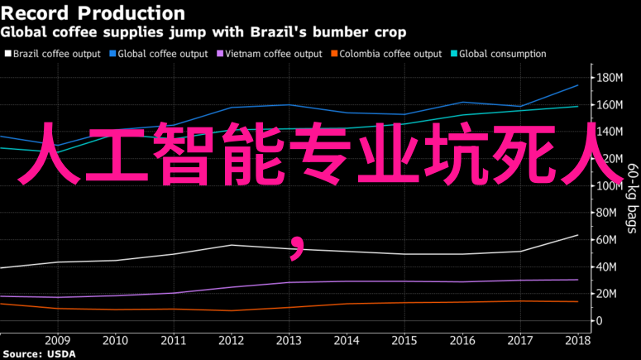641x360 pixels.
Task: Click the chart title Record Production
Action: point(93,13)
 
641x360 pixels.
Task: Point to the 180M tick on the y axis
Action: point(609,78)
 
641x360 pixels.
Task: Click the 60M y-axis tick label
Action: point(608,240)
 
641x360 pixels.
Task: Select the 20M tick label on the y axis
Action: point(608,294)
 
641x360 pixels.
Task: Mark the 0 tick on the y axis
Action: point(598,321)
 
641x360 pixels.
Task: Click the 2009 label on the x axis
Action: point(57,340)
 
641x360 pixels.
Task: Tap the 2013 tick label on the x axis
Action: point(289,340)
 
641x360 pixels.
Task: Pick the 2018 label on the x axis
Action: point(577,340)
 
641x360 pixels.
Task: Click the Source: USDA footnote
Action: point(38,354)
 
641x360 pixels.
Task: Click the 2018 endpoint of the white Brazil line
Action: point(577,235)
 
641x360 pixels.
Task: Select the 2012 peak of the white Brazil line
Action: point(232,245)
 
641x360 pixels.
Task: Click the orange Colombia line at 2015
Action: point(404,303)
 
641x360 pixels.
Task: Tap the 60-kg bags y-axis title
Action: point(631,199)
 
